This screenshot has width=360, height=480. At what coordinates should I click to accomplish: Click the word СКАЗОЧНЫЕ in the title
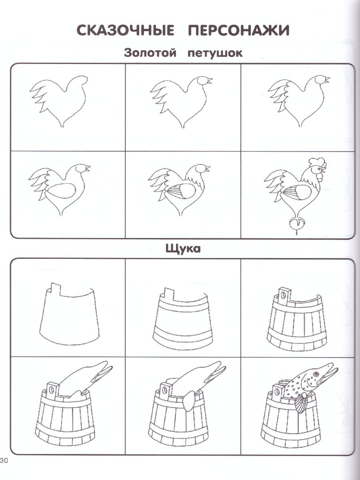[126, 30]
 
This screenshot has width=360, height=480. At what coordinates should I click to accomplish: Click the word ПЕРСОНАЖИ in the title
[239, 30]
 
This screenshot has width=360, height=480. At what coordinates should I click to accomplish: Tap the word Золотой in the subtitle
[150, 53]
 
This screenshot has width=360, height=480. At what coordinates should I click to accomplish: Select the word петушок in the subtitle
[215, 53]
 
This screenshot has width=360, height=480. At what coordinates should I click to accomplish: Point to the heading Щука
[183, 249]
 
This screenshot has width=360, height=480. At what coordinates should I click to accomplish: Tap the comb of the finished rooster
[317, 162]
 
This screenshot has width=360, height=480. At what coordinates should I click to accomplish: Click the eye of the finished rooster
[321, 169]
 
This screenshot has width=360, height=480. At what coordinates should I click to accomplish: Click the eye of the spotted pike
[316, 374]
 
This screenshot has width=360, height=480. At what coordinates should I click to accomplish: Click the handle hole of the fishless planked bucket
[284, 296]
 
